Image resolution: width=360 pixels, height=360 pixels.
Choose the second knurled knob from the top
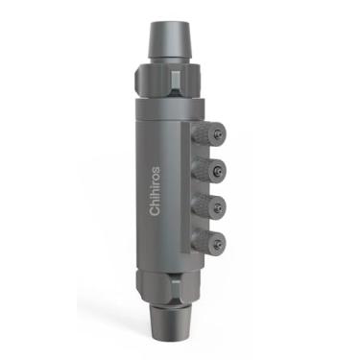pyautogui.click(x=208, y=170)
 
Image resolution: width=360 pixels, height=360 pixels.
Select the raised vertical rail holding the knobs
pyautogui.click(x=192, y=187)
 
